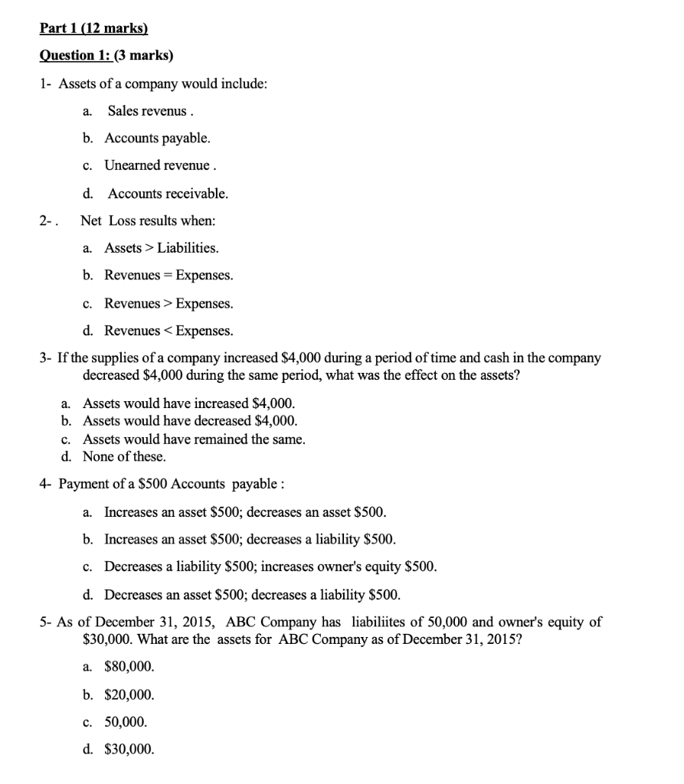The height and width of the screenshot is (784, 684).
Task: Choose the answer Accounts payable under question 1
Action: pyautogui.click(x=157, y=139)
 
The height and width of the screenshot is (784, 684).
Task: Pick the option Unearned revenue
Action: pyautogui.click(x=159, y=166)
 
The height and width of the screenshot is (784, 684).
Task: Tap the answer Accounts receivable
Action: pyautogui.click(x=168, y=194)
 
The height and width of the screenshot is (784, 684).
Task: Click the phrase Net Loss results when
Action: pyautogui.click(x=148, y=220)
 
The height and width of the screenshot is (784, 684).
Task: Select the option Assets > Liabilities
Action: pyautogui.click(x=161, y=248)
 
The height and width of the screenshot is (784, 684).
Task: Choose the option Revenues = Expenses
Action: pyautogui.click(x=169, y=276)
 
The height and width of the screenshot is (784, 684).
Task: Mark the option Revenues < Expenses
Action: pyautogui.click(x=169, y=331)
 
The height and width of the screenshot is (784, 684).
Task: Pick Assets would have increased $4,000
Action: pyautogui.click(x=188, y=403)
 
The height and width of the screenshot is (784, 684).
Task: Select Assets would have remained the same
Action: pyautogui.click(x=194, y=439)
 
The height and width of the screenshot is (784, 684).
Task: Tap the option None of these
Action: pyautogui.click(x=124, y=457)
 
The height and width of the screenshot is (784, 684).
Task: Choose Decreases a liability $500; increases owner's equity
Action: pyautogui.click(x=270, y=567)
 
